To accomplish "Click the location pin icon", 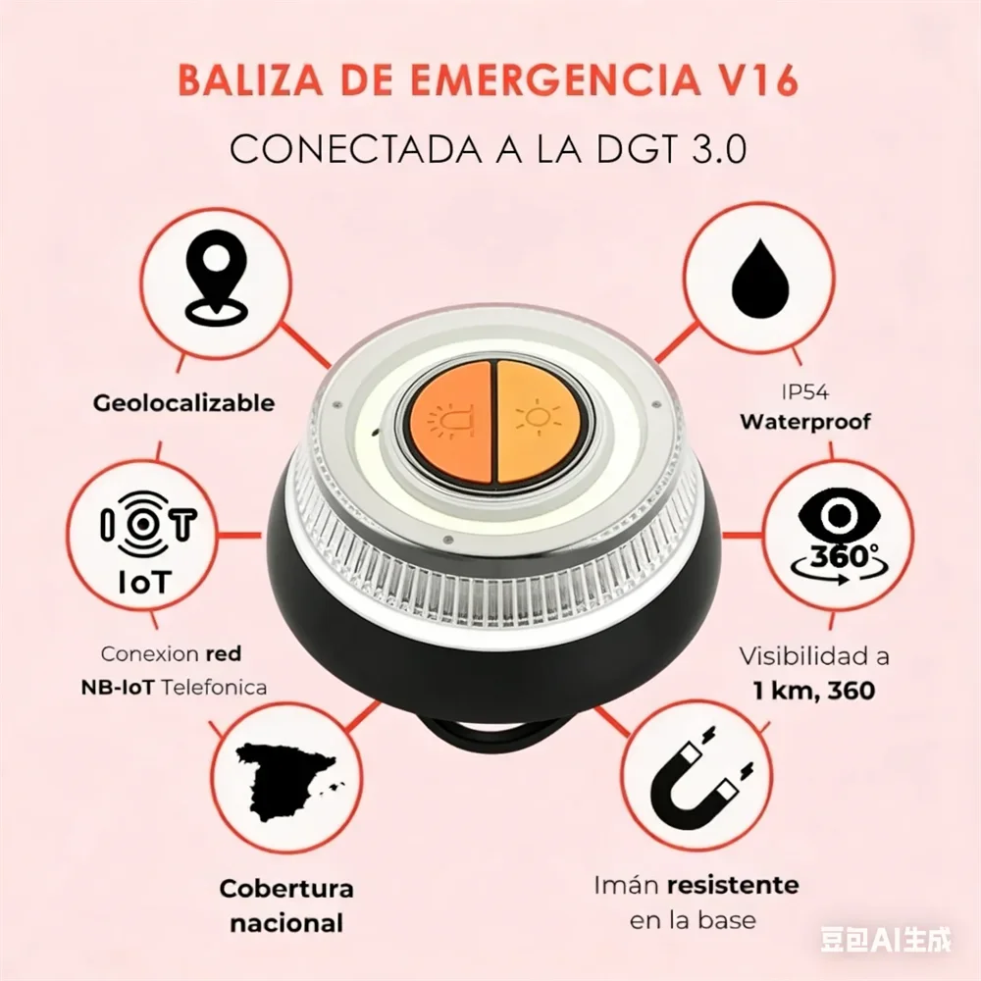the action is (x=215, y=282).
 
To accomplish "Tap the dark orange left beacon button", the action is (x=451, y=422).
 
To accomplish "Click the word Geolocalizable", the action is (x=184, y=403).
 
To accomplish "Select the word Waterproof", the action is (x=805, y=422).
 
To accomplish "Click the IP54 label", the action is (x=805, y=392).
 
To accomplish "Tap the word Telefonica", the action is (x=214, y=688).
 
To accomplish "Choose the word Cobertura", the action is (x=286, y=889).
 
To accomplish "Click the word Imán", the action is (x=626, y=885).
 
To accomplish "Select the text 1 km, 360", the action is (x=813, y=691).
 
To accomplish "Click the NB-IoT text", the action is (x=118, y=688).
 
